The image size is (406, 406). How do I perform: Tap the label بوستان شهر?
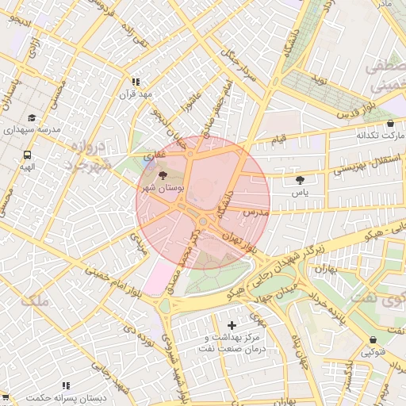coord(163,189)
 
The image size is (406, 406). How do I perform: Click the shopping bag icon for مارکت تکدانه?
coord(390,123)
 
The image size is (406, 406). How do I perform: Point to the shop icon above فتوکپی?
coord(373,339)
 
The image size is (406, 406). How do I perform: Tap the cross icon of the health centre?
coord(232,325)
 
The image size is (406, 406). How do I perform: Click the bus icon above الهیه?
coord(28,155)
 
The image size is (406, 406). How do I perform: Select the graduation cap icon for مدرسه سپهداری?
coord(31,117)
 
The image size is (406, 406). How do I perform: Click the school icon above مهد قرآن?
coord(136,81)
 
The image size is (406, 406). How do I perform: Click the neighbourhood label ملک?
coord(34,301)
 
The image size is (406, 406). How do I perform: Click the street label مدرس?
coord(259,214)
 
